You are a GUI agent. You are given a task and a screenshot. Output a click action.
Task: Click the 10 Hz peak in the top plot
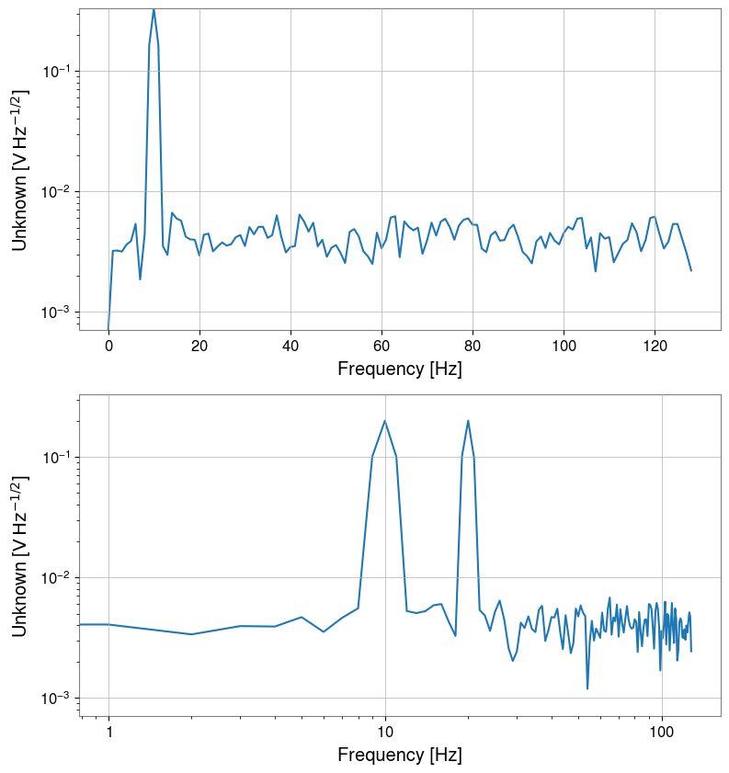click(154, 9)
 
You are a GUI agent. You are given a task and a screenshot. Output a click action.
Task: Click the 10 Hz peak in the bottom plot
click(384, 421)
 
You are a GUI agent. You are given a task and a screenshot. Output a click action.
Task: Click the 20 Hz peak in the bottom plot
click(468, 421)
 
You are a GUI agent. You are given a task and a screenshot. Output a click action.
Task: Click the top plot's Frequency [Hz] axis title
click(399, 369)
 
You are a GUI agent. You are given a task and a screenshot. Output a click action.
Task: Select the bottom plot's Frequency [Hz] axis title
click(399, 756)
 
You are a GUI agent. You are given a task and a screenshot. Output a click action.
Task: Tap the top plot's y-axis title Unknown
click(19, 170)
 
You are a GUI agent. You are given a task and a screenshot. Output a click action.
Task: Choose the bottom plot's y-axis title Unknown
click(19, 556)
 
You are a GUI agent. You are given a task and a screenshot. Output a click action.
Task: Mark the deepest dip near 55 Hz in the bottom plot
click(587, 688)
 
